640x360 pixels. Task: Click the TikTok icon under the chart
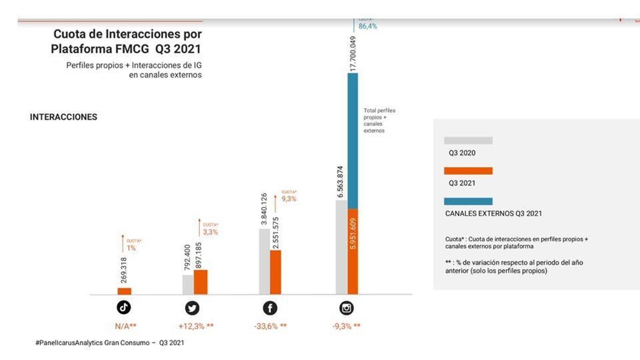pyautogui.click(x=124, y=307)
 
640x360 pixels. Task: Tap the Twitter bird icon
pyautogui.click(x=192, y=308)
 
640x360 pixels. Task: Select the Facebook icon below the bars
pyautogui.click(x=270, y=308)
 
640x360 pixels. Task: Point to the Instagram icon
pyautogui.click(x=346, y=308)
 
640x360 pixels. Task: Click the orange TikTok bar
pyautogui.click(x=124, y=291)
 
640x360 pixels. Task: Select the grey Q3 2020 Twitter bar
pyautogui.click(x=188, y=284)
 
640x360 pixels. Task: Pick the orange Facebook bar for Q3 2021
pyautogui.click(x=276, y=272)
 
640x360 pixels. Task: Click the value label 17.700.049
pyautogui.click(x=352, y=54)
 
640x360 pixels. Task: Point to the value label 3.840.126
pyautogui.click(x=264, y=209)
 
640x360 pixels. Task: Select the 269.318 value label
pyautogui.click(x=124, y=270)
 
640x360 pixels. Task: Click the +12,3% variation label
pyautogui.click(x=196, y=326)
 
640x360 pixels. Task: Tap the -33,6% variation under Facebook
pyautogui.click(x=270, y=326)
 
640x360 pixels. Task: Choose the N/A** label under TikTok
pyautogui.click(x=126, y=326)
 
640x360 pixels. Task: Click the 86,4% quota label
pyautogui.click(x=368, y=26)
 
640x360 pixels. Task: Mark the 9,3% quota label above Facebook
pyautogui.click(x=289, y=199)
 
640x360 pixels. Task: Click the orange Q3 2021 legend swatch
pyautogui.click(x=468, y=171)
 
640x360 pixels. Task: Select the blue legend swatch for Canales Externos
pyautogui.click(x=468, y=201)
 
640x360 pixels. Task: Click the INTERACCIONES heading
pyautogui.click(x=64, y=117)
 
